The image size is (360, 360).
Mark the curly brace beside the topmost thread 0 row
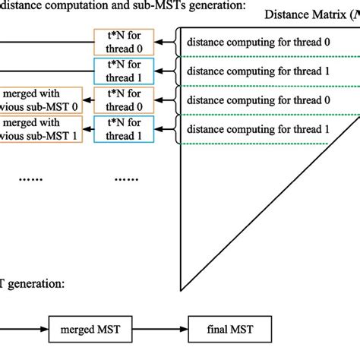tap(178, 43)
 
